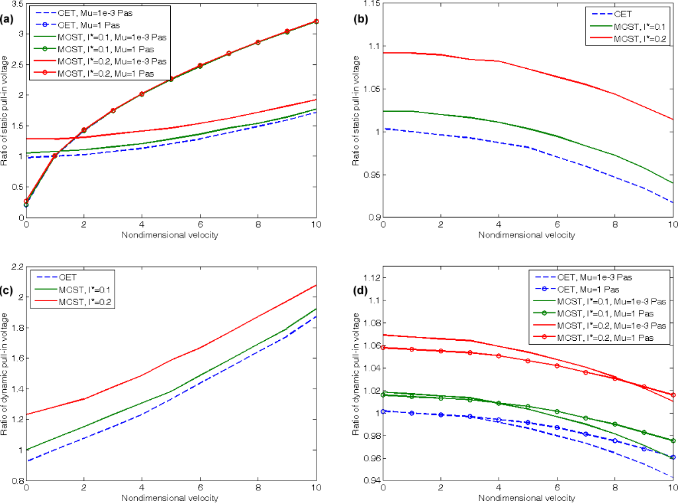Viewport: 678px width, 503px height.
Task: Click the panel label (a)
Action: pos(8,19)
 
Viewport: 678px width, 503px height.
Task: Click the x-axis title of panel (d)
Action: pos(527,497)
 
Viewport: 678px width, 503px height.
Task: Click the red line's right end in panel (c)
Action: pos(316,285)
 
